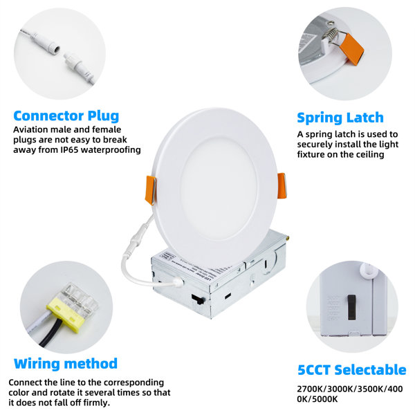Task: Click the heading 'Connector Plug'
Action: tap(66, 116)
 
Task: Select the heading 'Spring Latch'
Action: tap(340, 117)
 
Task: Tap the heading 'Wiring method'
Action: tap(66, 363)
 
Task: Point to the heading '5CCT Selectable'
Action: tap(351, 370)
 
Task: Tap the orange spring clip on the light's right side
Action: tap(282, 185)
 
